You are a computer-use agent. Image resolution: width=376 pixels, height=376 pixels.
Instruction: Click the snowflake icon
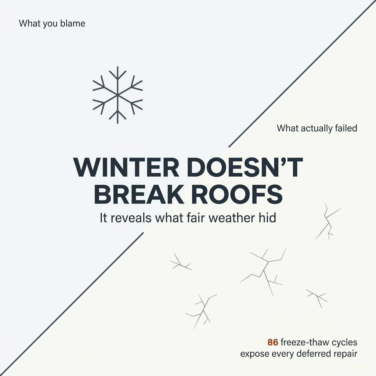point(117,95)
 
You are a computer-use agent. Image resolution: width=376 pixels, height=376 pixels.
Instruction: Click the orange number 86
point(272,343)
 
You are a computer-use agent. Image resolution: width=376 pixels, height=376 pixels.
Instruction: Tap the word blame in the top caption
point(74,24)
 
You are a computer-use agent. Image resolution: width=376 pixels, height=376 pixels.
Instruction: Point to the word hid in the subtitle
point(267,218)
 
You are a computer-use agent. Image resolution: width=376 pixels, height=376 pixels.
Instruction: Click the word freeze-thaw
point(302,343)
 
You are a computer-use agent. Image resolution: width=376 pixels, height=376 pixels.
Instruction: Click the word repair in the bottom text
point(345,355)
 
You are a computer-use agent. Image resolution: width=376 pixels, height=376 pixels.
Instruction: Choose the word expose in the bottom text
point(253,355)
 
